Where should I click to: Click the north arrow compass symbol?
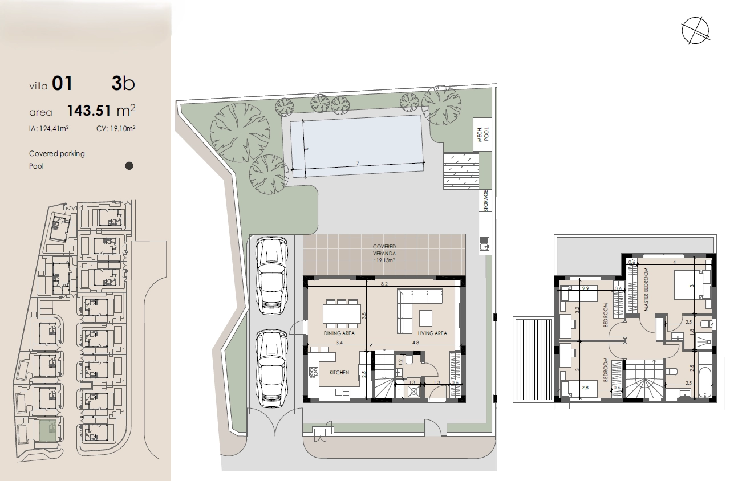695,31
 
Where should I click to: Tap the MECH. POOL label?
482,134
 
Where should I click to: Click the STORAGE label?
485,201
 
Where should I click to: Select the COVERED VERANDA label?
384,253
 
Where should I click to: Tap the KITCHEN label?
339,372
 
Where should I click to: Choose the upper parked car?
272,276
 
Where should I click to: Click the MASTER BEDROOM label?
646,290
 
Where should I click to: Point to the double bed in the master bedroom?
692,284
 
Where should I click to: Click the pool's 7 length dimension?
358,164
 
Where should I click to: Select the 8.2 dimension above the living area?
384,283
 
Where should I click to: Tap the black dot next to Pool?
129,166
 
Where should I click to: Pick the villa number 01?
62,83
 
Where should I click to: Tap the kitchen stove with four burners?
313,372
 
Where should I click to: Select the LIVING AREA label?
432,333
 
